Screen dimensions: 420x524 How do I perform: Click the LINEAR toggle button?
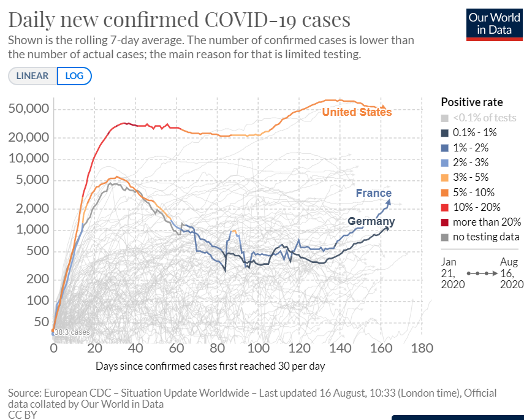coord(32,76)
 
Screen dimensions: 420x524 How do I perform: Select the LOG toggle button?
coord(74,76)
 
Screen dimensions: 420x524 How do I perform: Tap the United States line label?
coord(357,112)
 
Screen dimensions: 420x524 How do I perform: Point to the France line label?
coord(374,193)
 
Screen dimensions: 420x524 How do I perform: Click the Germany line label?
coord(371,221)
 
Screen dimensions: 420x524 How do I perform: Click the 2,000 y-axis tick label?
coord(29,208)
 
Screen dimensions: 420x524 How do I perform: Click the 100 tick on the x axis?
coord(259,348)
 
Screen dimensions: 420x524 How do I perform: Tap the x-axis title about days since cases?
coord(210,366)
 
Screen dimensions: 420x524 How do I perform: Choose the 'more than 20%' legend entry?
coord(487,222)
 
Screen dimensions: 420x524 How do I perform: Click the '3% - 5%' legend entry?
coord(474,177)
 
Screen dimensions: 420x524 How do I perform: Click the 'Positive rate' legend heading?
coord(472,102)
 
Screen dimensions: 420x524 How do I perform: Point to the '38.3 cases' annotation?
coord(72,332)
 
